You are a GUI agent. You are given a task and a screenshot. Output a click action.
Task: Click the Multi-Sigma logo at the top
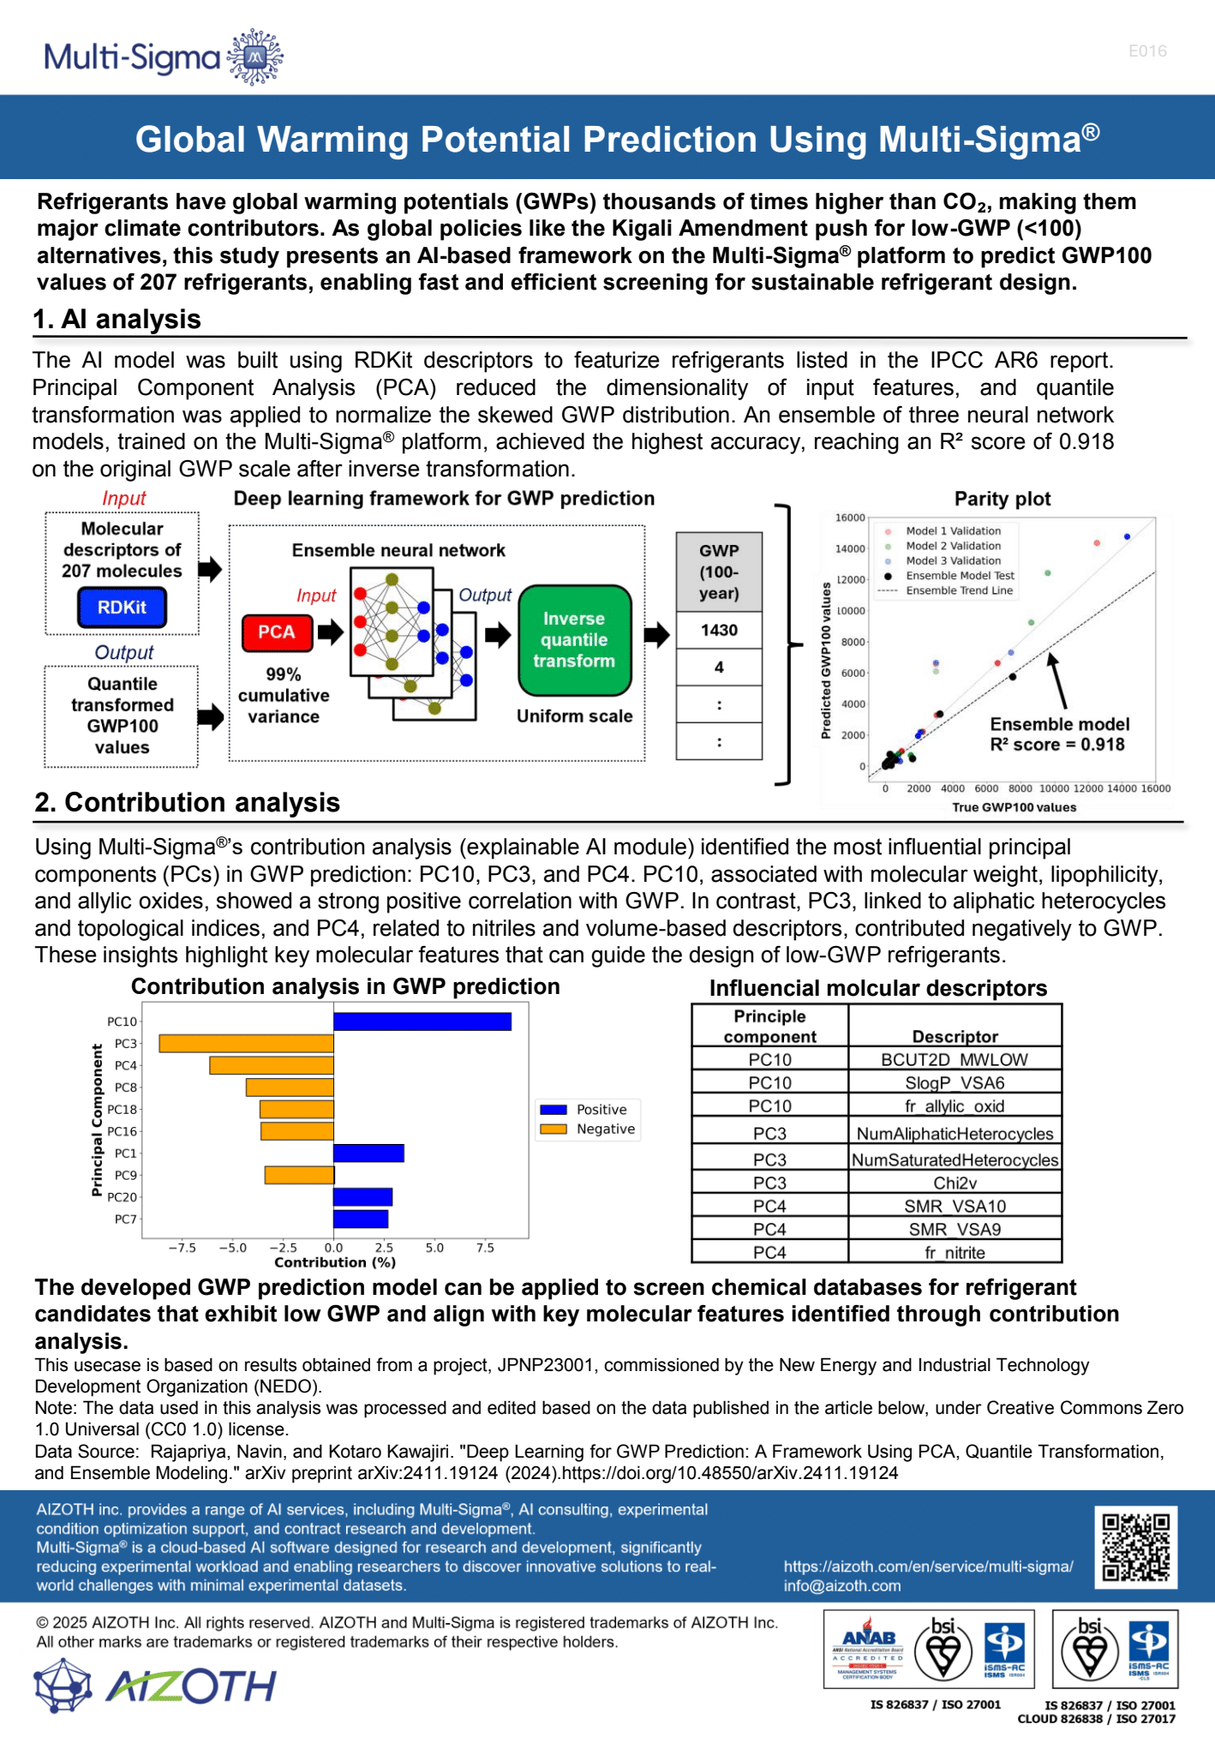(163, 57)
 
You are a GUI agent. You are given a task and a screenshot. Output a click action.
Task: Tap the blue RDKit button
(122, 608)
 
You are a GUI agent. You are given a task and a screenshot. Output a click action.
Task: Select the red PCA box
(276, 632)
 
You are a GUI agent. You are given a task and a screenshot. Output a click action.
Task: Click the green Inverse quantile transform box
(574, 640)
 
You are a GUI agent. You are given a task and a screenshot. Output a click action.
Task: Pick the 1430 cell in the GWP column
(719, 631)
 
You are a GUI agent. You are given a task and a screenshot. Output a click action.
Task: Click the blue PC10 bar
(422, 1021)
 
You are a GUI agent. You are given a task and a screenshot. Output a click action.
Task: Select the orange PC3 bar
(246, 1044)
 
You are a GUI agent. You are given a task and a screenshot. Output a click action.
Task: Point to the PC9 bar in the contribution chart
(299, 1175)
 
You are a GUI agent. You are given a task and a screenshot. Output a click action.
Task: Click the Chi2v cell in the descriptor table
(955, 1183)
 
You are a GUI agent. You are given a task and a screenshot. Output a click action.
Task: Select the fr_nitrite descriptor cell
(955, 1253)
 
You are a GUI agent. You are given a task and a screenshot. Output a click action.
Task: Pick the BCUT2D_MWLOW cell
(955, 1060)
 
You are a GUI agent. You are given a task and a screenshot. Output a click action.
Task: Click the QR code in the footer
(1135, 1548)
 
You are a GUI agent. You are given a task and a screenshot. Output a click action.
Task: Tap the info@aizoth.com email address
(841, 1586)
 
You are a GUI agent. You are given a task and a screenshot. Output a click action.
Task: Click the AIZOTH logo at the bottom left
(154, 1686)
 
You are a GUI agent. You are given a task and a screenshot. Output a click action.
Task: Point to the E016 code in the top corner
(1147, 51)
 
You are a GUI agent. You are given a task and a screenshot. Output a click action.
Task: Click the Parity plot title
(1003, 499)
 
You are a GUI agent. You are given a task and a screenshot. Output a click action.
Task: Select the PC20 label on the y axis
(122, 1197)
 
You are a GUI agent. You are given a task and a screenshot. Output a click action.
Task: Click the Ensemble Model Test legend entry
(960, 576)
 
